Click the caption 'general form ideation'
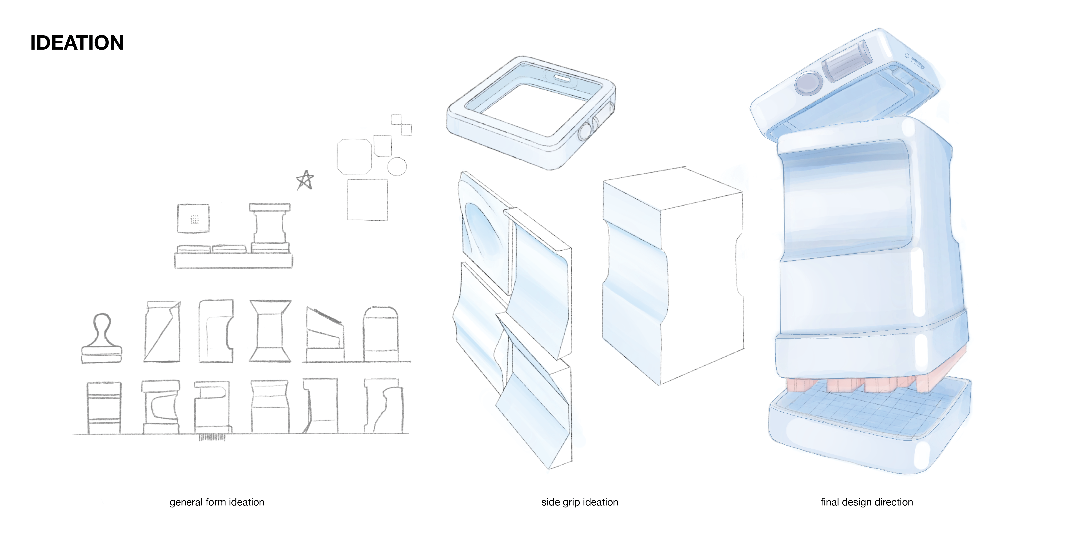[217, 502]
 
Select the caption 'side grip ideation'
[580, 502]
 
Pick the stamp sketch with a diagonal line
[162, 331]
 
